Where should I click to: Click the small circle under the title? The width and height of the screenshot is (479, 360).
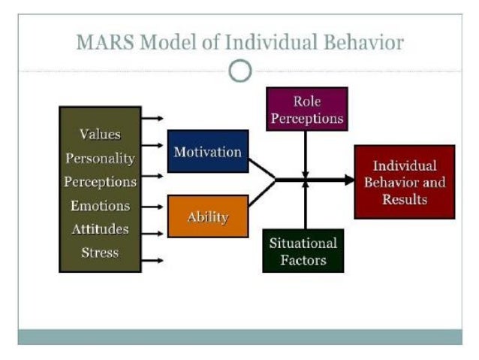click(239, 71)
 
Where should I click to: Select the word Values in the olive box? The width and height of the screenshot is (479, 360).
click(100, 135)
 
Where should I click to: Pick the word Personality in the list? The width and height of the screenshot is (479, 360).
click(100, 159)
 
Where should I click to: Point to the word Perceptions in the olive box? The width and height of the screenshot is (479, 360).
click(100, 182)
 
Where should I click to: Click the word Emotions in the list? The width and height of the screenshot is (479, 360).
click(100, 205)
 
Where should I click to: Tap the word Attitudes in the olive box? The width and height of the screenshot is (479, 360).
click(100, 228)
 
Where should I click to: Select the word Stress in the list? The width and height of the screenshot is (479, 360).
click(100, 252)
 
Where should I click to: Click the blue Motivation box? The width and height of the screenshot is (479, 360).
click(207, 152)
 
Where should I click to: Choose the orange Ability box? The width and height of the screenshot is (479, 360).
click(207, 216)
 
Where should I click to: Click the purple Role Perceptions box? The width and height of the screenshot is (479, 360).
click(306, 109)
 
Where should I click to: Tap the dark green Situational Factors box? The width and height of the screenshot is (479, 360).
click(303, 250)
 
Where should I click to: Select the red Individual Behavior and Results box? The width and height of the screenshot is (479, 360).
click(404, 182)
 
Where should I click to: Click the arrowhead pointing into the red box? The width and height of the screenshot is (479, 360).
click(348, 180)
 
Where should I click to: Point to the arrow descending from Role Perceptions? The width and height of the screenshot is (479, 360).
click(305, 154)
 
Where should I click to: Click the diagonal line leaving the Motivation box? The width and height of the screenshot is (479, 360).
click(262, 169)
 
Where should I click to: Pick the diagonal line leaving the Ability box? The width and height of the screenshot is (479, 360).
click(262, 193)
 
